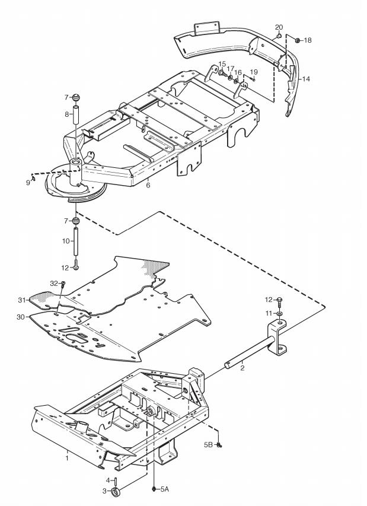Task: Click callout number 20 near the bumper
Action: tap(279, 27)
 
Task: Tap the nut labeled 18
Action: tap(298, 40)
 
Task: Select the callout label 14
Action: tap(306, 79)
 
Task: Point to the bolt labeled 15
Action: tap(222, 73)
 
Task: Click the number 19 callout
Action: tap(254, 72)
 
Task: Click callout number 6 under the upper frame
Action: tap(148, 185)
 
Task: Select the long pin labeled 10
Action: tap(76, 241)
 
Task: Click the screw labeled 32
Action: tap(63, 284)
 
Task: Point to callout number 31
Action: tap(21, 300)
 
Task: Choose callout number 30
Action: tap(20, 317)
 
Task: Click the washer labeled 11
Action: tap(279, 313)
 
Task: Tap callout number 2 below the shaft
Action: tap(242, 368)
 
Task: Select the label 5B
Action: tap(208, 444)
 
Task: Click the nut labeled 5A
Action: tap(154, 489)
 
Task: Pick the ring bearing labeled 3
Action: tap(116, 492)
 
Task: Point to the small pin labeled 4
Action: tap(116, 481)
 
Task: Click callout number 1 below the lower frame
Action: tap(67, 458)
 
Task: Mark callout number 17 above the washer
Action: tap(230, 69)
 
